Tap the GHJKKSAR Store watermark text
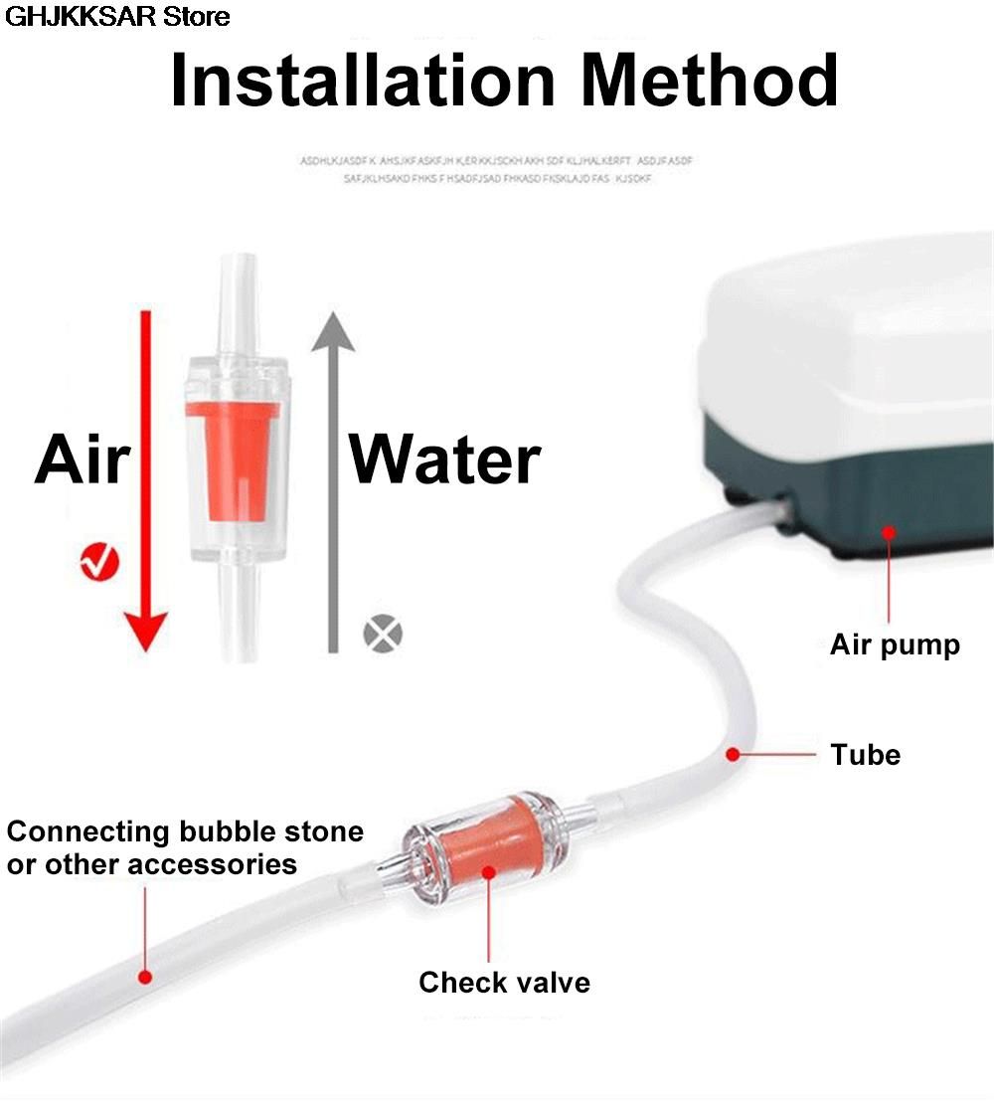click(x=117, y=16)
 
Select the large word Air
click(x=83, y=460)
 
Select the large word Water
click(x=444, y=460)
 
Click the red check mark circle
click(x=98, y=562)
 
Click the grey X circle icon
click(x=383, y=633)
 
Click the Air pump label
click(x=895, y=644)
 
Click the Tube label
click(x=866, y=755)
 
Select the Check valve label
click(x=504, y=983)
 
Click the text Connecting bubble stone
click(x=185, y=831)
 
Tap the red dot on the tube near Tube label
click(x=733, y=755)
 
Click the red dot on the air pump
click(x=888, y=533)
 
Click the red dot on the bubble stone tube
click(x=145, y=977)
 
